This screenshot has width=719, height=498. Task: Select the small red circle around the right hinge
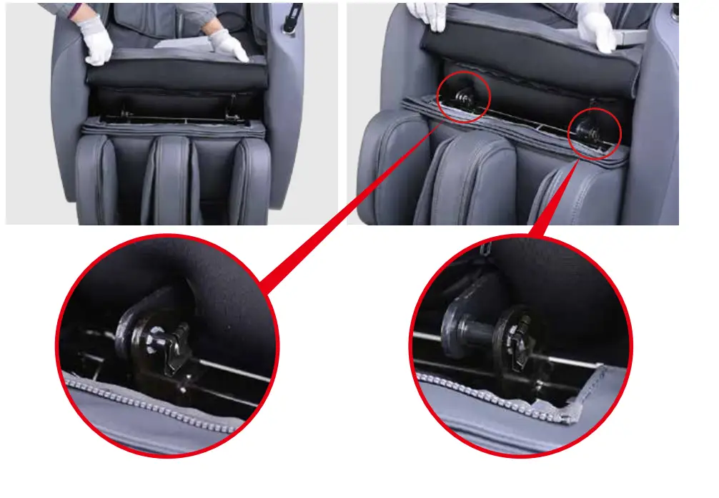tap(594, 130)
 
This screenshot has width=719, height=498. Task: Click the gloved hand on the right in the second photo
tap(597, 25)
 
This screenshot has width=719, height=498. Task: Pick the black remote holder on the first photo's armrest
tap(291, 18)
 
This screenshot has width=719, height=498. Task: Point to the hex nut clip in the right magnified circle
tap(520, 339)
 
